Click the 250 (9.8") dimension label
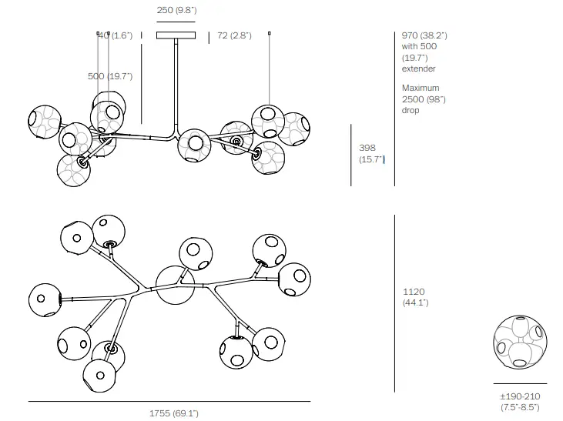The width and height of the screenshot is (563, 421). (176, 11)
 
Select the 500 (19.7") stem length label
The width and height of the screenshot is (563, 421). (110, 76)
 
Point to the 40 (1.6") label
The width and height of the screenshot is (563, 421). (117, 35)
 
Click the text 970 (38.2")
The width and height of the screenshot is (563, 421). (424, 35)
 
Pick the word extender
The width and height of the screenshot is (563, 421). (418, 68)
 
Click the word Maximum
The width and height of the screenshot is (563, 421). (421, 88)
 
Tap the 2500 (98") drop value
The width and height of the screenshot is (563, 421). (424, 99)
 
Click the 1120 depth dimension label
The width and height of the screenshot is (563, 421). (414, 292)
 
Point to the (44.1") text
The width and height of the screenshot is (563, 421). (416, 302)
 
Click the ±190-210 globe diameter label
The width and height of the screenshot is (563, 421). (520, 396)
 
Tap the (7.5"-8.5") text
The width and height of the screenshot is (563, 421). (520, 407)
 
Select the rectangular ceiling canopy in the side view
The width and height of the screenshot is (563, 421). (176, 35)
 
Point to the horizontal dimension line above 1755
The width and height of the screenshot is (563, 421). (169, 402)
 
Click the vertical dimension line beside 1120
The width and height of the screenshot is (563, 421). (395, 303)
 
